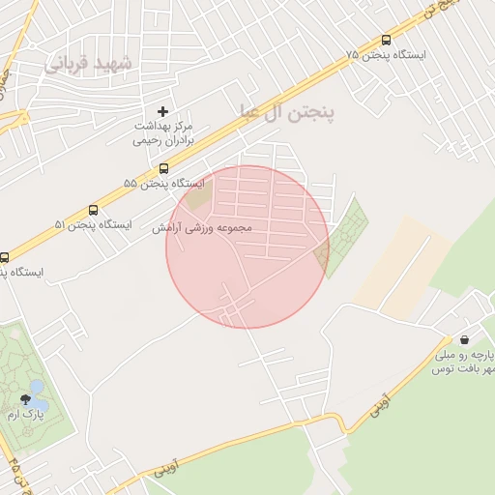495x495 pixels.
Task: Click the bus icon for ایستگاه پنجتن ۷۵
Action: click(x=387, y=40)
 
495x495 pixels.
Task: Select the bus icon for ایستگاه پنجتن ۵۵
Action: click(x=162, y=168)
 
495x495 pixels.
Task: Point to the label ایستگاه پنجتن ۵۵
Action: click(x=163, y=183)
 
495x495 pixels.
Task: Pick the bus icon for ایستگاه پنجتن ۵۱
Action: click(x=94, y=210)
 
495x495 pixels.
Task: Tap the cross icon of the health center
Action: click(x=162, y=111)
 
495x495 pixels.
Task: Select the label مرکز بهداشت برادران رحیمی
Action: click(x=163, y=133)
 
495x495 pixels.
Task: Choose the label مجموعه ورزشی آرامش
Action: click(x=202, y=229)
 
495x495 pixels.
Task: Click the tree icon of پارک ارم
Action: click(x=24, y=398)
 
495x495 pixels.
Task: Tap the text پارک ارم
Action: click(x=26, y=414)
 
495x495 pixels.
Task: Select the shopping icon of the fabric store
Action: click(x=465, y=339)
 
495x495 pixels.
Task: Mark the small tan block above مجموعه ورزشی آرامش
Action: click(x=199, y=197)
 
